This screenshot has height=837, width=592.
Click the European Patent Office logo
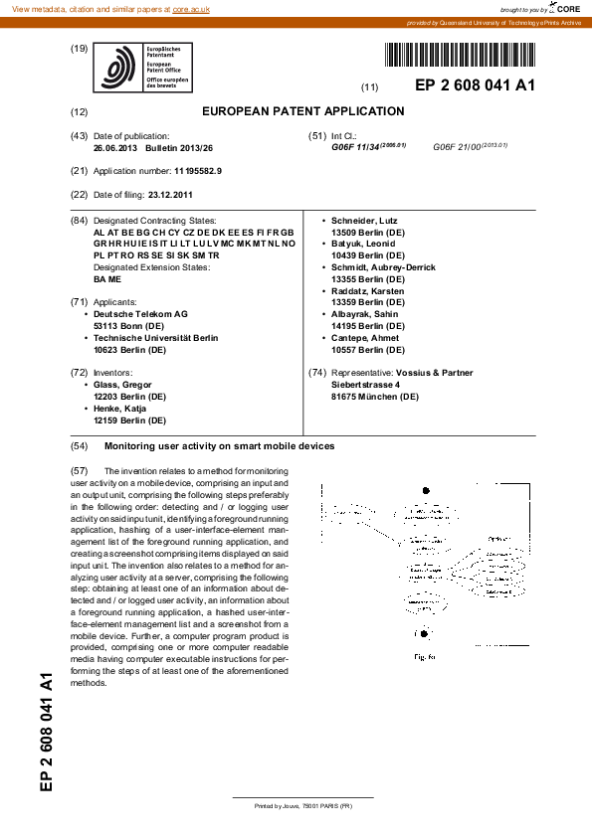tap(141, 68)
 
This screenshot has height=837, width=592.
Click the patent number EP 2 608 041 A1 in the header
tap(475, 85)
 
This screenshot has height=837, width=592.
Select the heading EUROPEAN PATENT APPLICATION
tap(303, 111)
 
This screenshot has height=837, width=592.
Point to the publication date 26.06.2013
tap(116, 147)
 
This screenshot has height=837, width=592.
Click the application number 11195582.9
tap(198, 171)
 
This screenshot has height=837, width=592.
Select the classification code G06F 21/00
tap(458, 147)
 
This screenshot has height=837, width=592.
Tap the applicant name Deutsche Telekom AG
tap(140, 314)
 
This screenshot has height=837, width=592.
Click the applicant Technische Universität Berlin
tap(155, 338)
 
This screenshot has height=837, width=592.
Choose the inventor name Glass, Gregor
tap(124, 385)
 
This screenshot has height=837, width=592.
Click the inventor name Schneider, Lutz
tap(366, 220)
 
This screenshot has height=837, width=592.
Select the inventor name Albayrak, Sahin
tap(365, 314)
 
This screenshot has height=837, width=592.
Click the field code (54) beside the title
tap(80, 446)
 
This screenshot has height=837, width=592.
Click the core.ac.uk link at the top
tap(193, 8)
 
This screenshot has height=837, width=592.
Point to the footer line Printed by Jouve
tap(303, 805)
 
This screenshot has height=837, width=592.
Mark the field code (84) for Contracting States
tap(80, 220)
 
